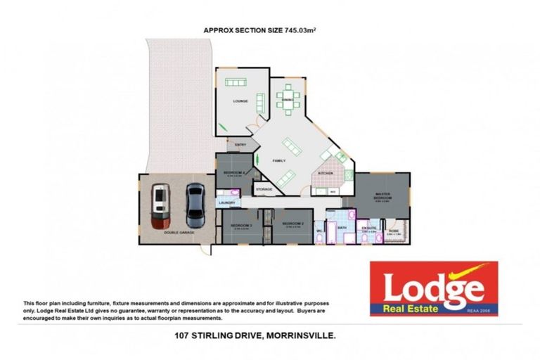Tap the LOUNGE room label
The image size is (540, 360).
240,101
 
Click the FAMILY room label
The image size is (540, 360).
279,161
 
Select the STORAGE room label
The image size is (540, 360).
264,189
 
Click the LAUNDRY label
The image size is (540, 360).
226,202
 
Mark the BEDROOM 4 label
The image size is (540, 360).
233,172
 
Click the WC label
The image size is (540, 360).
319,230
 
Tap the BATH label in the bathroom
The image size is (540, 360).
342,228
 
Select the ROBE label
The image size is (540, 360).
394,230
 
